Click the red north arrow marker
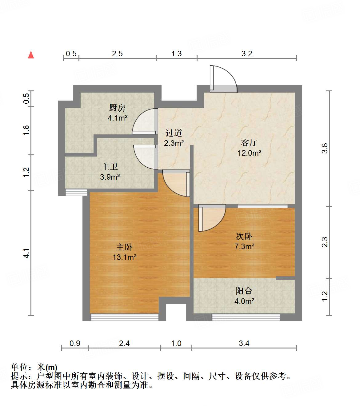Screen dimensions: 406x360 click(31, 55)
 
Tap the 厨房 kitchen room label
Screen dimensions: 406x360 click(117, 108)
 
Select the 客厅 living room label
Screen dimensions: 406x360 click(249, 142)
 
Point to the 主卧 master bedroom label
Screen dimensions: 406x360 click(124, 247)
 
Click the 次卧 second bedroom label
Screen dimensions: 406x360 click(244, 236)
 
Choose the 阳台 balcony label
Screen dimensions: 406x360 click(244, 291)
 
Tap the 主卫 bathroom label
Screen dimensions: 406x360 click(110, 167)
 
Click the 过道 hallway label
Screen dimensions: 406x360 click(174, 133)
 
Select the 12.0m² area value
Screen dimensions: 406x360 click(249, 153)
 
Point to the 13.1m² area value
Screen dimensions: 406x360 click(124, 257)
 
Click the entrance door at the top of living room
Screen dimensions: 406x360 click(223, 79)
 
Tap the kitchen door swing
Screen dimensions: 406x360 click(145, 122)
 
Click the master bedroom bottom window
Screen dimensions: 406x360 click(125, 317)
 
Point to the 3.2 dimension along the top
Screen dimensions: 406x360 click(247, 54)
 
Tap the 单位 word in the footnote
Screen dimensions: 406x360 click(19, 367)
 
